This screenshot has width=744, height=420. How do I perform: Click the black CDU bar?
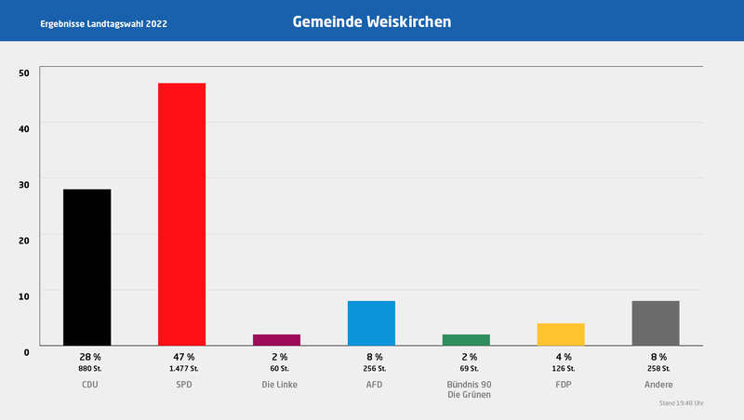pyautogui.click(x=86, y=267)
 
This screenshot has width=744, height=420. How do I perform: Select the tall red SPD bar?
pyautogui.click(x=181, y=214)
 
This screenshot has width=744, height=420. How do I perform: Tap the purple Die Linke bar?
pyautogui.click(x=276, y=340)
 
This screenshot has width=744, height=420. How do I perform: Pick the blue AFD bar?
pyautogui.click(x=371, y=323)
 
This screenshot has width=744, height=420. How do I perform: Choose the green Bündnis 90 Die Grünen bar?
pyautogui.click(x=466, y=340)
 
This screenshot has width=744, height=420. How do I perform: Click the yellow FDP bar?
pyautogui.click(x=561, y=335)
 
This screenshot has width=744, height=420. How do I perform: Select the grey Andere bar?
pyautogui.click(x=656, y=323)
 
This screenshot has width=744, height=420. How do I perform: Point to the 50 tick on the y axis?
pyautogui.click(x=23, y=72)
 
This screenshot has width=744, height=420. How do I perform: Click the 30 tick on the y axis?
pyautogui.click(x=23, y=184)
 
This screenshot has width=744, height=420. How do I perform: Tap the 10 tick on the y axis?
pyautogui.click(x=23, y=295)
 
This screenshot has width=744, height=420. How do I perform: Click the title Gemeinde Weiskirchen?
pyautogui.click(x=371, y=21)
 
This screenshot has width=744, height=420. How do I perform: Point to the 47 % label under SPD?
pyautogui.click(x=183, y=357)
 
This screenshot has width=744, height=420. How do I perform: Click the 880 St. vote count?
pyautogui.click(x=89, y=369)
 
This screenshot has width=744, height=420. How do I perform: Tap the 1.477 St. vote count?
pyautogui.click(x=183, y=369)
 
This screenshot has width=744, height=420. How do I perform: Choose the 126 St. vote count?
pyautogui.click(x=564, y=369)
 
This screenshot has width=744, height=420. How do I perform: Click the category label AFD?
pyautogui.click(x=374, y=385)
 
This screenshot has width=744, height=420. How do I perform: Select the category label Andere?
pyautogui.click(x=658, y=385)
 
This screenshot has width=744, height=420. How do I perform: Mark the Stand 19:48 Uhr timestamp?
pyautogui.click(x=681, y=403)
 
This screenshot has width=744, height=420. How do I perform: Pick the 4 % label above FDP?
pyautogui.click(x=564, y=357)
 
